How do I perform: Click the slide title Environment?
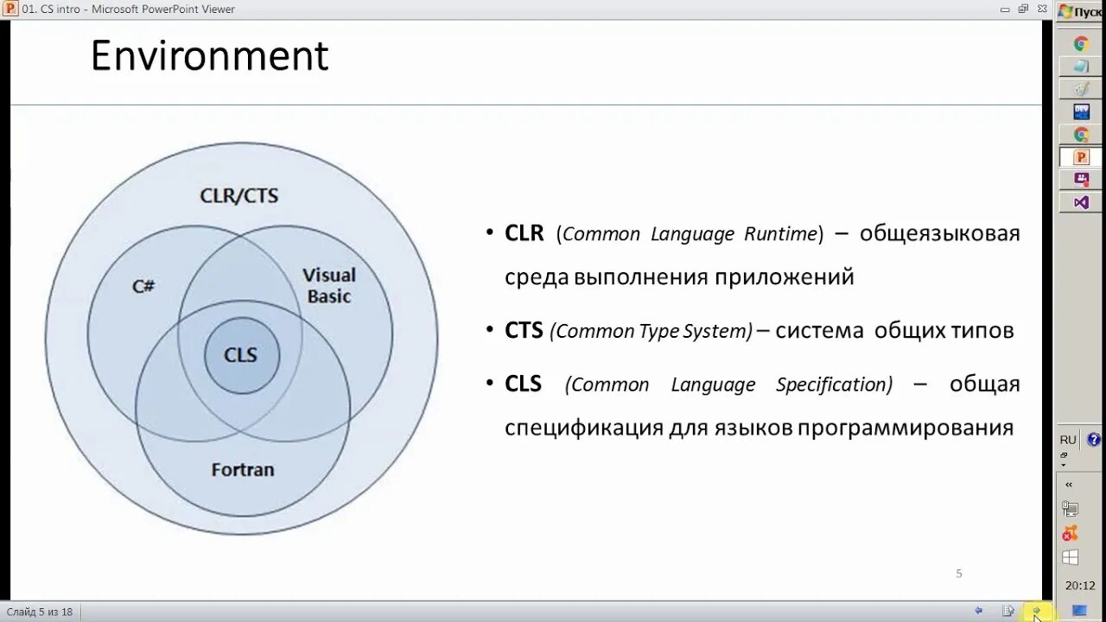tap(209, 57)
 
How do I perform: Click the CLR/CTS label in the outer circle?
tap(239, 195)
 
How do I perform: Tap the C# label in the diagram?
tap(143, 286)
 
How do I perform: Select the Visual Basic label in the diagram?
tap(329, 285)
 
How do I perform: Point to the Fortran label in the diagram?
tap(243, 470)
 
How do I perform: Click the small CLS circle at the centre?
tap(241, 355)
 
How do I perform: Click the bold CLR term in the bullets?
tap(524, 233)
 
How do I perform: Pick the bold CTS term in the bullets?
tap(524, 330)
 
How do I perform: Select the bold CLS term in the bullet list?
tap(523, 384)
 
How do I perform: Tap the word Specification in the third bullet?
tap(833, 384)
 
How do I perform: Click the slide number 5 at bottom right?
tap(959, 574)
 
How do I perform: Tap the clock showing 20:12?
tap(1080, 586)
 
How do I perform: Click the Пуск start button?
tap(1080, 11)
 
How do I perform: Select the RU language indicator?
tap(1068, 440)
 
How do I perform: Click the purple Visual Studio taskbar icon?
tap(1081, 202)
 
